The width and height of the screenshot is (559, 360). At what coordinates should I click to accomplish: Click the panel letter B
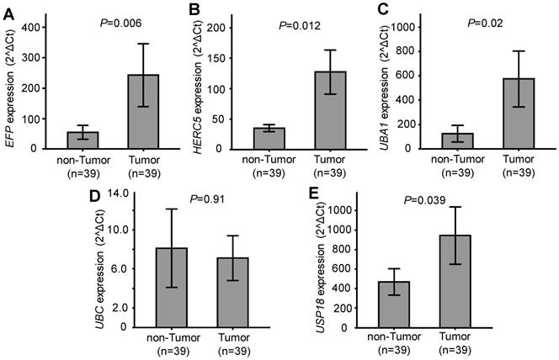coord(194,9)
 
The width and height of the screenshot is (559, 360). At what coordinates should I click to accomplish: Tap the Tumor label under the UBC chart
coord(233,338)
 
